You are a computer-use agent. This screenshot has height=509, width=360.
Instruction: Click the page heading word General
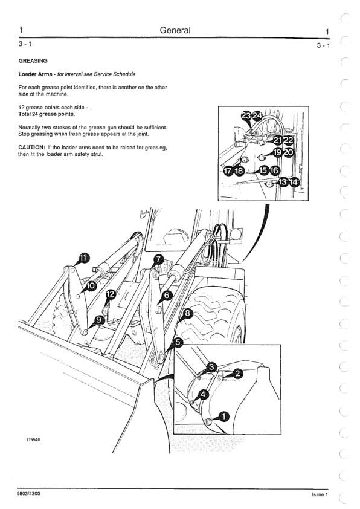[175, 30]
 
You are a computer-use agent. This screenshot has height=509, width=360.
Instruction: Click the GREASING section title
[33, 60]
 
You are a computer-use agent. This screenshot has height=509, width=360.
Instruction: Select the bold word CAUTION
[31, 148]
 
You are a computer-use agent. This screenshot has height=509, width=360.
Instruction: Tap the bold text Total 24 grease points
[47, 114]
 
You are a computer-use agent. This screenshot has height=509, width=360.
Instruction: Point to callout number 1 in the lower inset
[224, 417]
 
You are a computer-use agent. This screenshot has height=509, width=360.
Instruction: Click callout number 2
[238, 374]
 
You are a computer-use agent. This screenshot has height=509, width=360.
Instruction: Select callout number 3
[212, 367]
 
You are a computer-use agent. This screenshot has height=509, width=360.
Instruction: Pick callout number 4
[204, 394]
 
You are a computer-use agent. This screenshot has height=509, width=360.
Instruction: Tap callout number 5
[179, 342]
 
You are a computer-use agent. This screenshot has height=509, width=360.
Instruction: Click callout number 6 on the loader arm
[167, 295]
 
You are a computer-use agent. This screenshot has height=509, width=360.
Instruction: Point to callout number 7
[158, 259]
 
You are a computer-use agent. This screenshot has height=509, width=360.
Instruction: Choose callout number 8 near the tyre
[188, 313]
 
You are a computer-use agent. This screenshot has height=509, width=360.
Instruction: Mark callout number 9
[100, 320]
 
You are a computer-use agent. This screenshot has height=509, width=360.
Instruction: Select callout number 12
[111, 294]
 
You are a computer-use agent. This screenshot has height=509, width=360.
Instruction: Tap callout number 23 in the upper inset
[246, 115]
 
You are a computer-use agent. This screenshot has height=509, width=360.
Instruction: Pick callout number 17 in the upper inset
[228, 170]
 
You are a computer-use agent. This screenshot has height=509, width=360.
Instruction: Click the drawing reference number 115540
[33, 440]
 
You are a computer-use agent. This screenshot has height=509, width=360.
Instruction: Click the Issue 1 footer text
[320, 494]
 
